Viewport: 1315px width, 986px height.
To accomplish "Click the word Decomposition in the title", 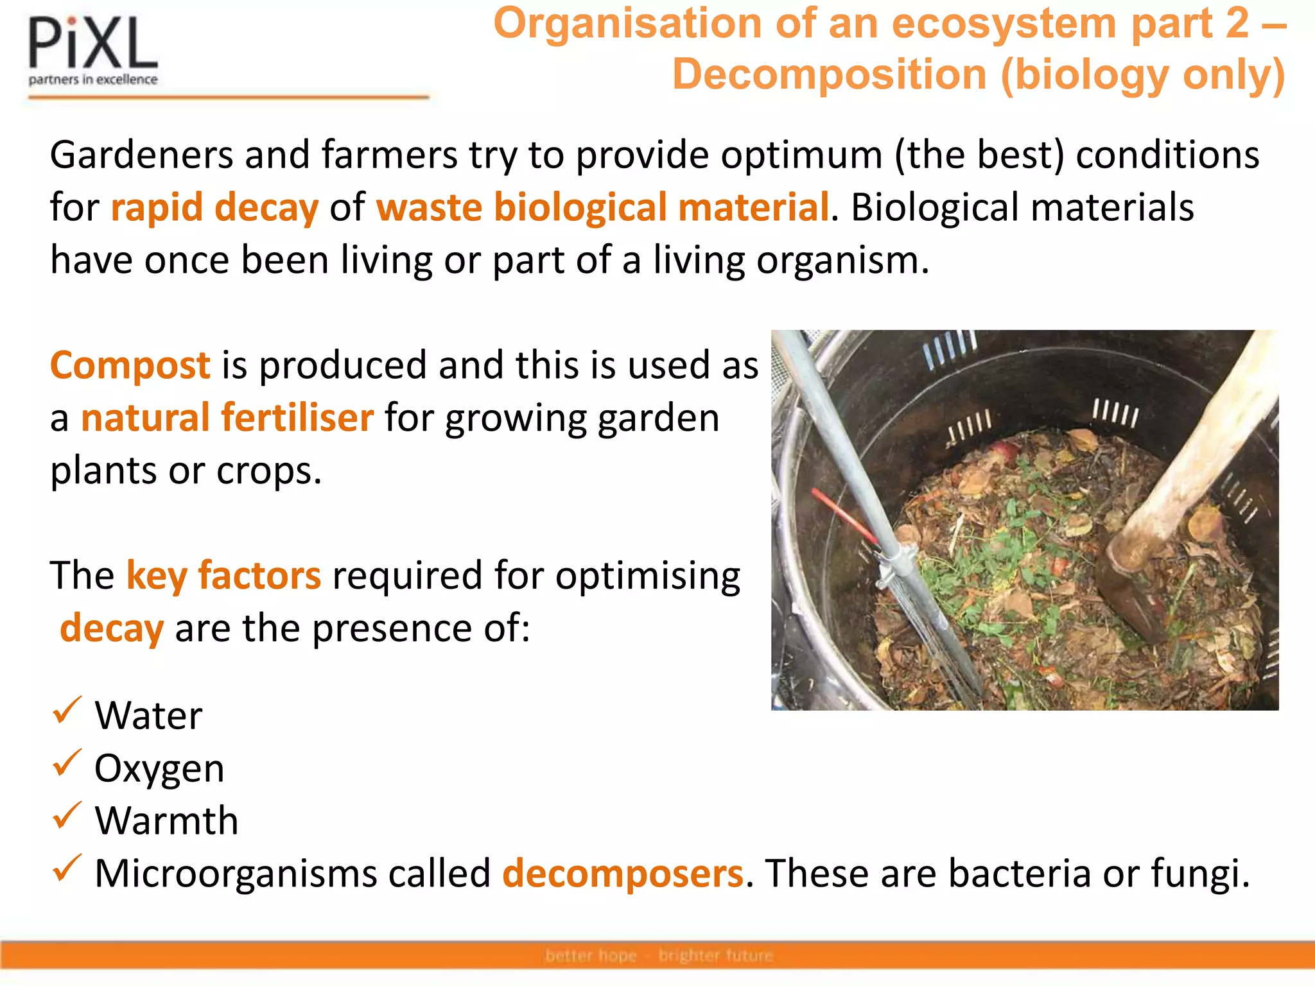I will tap(829, 75).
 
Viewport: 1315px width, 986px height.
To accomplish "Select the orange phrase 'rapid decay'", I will tap(214, 208).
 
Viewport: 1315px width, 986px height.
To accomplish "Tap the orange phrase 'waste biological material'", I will tap(602, 208).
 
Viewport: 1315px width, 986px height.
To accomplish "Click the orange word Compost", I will tap(130, 366).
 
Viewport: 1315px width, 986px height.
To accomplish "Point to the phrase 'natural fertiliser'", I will tap(227, 419).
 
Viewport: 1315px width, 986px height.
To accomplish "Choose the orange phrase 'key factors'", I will tap(223, 575).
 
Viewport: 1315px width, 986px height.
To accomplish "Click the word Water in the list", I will tap(148, 716).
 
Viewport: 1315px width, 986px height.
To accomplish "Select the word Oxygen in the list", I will tap(159, 768).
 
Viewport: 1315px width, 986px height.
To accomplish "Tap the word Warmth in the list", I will tap(166, 821).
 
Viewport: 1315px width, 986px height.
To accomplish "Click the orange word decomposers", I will tap(623, 874).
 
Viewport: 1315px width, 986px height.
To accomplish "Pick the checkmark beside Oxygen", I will tap(67, 763).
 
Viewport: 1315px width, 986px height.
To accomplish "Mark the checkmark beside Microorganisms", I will tap(67, 869).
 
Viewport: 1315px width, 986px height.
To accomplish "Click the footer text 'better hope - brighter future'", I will tap(659, 956).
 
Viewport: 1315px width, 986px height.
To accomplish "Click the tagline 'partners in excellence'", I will tap(93, 80).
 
